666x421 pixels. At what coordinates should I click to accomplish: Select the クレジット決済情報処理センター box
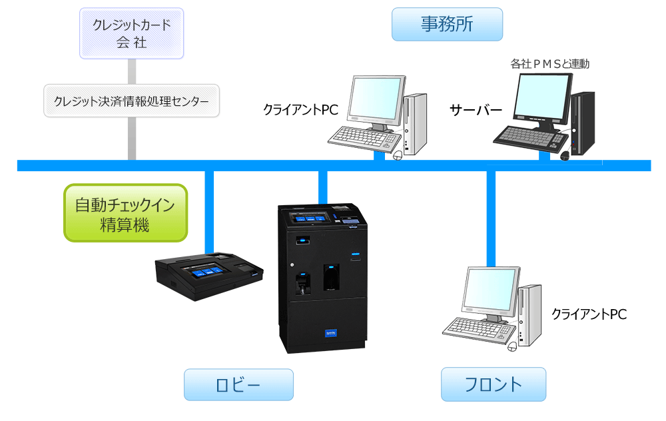point(131,101)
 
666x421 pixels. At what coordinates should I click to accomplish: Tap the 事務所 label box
point(446,25)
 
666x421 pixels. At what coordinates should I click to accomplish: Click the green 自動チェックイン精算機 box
point(125,213)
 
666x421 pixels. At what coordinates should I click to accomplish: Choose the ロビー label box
point(238,385)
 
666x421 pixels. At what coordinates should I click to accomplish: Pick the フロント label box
point(494,384)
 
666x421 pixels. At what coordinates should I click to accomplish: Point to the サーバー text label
point(475,110)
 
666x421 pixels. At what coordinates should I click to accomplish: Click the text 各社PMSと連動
point(550,64)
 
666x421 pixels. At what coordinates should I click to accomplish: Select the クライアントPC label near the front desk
point(589,314)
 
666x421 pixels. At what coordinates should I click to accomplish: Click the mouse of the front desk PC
point(512,346)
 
